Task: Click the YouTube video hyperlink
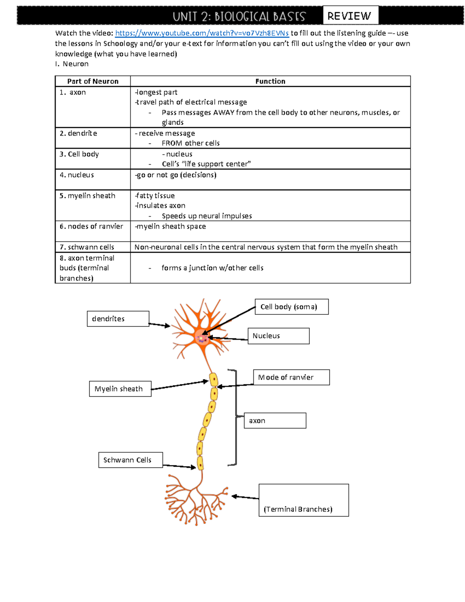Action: (x=202, y=33)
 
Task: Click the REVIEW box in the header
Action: (x=350, y=16)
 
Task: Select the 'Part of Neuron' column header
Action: (x=93, y=81)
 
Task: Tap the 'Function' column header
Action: (x=270, y=81)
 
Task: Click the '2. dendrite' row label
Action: (x=78, y=133)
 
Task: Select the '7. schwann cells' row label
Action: (x=87, y=247)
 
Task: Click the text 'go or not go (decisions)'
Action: (x=176, y=175)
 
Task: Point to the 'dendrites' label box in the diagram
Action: (x=118, y=319)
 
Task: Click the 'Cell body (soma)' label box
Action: (x=291, y=307)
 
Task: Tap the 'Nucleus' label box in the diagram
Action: (x=278, y=336)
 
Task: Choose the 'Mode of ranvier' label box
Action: (x=291, y=377)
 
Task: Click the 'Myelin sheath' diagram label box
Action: (x=120, y=389)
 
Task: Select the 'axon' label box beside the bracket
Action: (x=275, y=421)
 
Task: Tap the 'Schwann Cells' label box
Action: (x=130, y=460)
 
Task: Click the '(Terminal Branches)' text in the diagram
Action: (x=298, y=509)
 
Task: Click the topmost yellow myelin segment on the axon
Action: (x=214, y=380)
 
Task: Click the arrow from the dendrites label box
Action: (x=159, y=325)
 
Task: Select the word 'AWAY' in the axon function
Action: (x=224, y=113)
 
